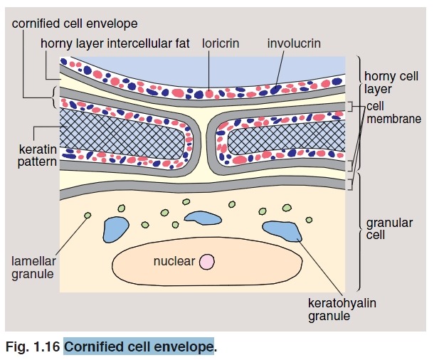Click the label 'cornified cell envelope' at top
(75, 24)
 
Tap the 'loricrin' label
(221, 43)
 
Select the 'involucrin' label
(294, 43)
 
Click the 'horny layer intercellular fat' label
(115, 43)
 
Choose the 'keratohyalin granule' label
(342, 309)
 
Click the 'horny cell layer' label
(391, 83)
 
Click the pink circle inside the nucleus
(206, 262)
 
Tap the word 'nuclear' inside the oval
(174, 262)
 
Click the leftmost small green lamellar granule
(88, 216)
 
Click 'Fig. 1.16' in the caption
(31, 347)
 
